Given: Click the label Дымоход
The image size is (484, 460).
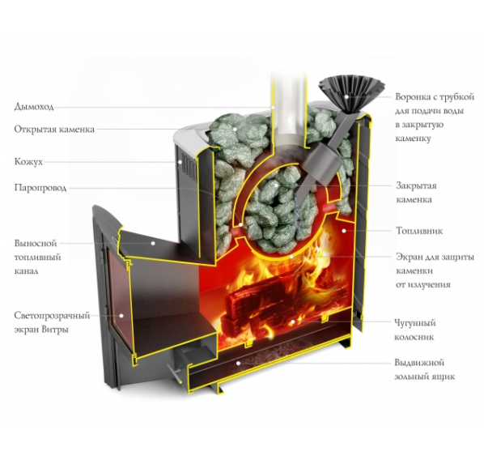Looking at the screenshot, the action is pos(34,107).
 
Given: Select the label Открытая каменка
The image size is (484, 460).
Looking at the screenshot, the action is pos(54,129).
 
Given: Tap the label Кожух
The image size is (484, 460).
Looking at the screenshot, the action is pos(28,162).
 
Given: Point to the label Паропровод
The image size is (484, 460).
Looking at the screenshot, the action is pos(40,188).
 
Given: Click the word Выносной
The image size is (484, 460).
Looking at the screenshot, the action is pos(36,243).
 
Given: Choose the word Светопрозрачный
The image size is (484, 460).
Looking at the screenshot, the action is pos(52,316).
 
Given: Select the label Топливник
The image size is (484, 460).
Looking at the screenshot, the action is pos(419,231).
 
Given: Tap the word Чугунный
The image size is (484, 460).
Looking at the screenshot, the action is pos(415,323).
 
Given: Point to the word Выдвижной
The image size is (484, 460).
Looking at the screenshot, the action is pos(419,362).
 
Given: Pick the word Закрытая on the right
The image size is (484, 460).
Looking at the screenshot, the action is pos(416,186).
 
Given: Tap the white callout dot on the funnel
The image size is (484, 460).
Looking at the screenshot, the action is pos(346,96).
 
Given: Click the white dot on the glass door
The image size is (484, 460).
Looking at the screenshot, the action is pos(121,316).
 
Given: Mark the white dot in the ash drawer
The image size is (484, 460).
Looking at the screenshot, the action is pos(238,363).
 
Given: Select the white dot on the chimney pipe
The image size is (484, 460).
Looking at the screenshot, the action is pos(273,107).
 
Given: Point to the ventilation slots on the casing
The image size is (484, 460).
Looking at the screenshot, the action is pos(187,168).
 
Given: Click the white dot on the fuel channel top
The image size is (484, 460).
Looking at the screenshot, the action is pos(152,243).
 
